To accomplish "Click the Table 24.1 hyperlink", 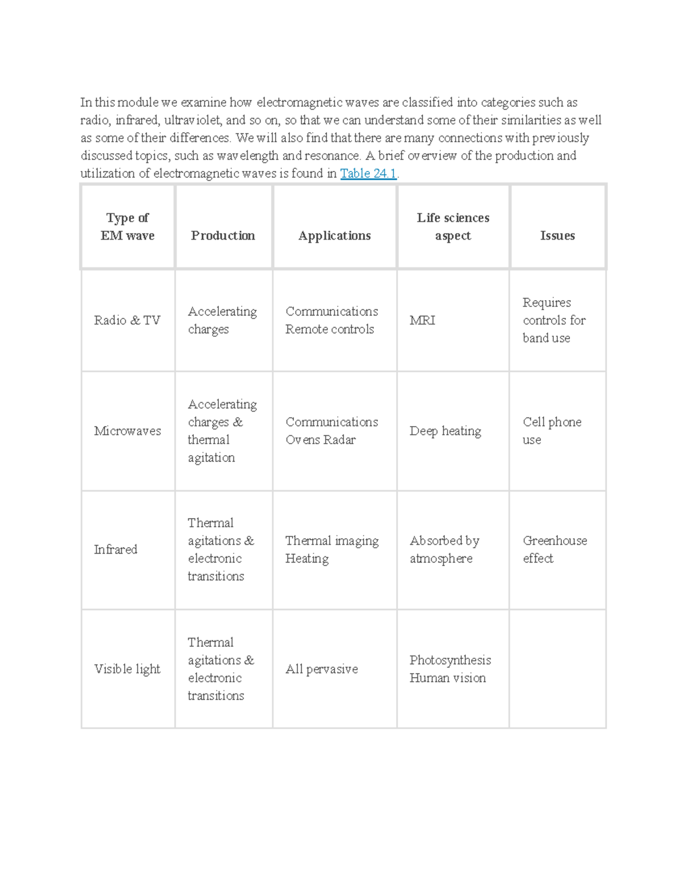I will pyautogui.click(x=368, y=173).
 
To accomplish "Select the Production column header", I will pyautogui.click(x=223, y=236).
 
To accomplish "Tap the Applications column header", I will pyautogui.click(x=334, y=236).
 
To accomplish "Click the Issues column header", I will pyautogui.click(x=557, y=236).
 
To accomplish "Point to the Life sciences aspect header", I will pyautogui.click(x=453, y=226).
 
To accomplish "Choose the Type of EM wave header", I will pyautogui.click(x=127, y=226).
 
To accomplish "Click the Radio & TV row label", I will pyautogui.click(x=127, y=320).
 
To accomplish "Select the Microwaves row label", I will pyautogui.click(x=127, y=431).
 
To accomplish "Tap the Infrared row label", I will pyautogui.click(x=115, y=549).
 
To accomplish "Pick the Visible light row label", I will pyautogui.click(x=127, y=669).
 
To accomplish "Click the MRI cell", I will pyautogui.click(x=422, y=320).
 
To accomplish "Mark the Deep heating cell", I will pyautogui.click(x=445, y=431).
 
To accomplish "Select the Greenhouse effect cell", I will pyautogui.click(x=555, y=549).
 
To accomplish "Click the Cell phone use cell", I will pyautogui.click(x=552, y=431).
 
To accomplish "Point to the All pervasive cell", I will pyautogui.click(x=322, y=669).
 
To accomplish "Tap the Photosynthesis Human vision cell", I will pyautogui.click(x=450, y=669).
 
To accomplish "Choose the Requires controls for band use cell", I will pyautogui.click(x=553, y=320).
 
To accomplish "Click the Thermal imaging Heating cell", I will pyautogui.click(x=332, y=549).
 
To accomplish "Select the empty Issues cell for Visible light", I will pyautogui.click(x=557, y=669).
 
